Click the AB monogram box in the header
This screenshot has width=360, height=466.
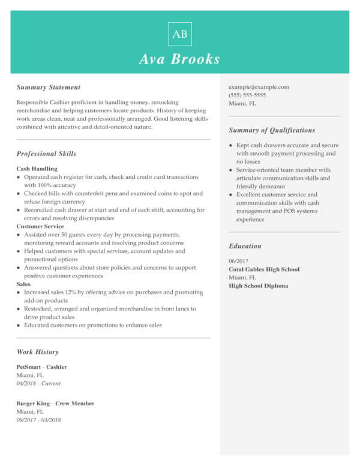click(x=179, y=34)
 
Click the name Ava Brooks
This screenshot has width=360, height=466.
click(x=179, y=59)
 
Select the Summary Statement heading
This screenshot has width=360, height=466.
click(x=48, y=87)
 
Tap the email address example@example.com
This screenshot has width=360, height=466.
click(x=259, y=87)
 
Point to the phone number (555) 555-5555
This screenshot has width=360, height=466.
click(x=247, y=95)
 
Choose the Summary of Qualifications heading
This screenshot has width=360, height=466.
click(x=272, y=130)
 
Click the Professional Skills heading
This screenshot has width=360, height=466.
click(x=46, y=154)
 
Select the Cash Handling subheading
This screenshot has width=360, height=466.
click(x=37, y=169)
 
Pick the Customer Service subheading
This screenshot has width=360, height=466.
click(x=40, y=226)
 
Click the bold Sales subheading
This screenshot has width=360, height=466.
click(x=23, y=284)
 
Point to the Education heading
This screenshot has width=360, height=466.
click(x=245, y=246)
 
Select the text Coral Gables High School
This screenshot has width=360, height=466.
click(x=264, y=270)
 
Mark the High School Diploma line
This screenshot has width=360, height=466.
click(x=258, y=286)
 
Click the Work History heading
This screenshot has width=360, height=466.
click(x=37, y=352)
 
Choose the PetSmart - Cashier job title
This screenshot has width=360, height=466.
click(x=41, y=367)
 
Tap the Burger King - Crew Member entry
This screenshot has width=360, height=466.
click(x=55, y=404)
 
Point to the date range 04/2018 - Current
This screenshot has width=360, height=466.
click(x=38, y=383)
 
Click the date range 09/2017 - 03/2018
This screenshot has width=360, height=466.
click(x=38, y=420)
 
